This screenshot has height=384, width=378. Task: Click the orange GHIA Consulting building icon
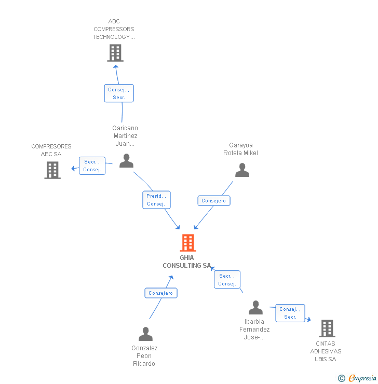tap(187, 243)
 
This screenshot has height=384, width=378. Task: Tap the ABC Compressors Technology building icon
tap(115, 53)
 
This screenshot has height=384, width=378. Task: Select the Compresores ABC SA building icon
tap(52, 170)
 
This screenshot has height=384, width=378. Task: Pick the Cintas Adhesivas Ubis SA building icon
tap(327, 328)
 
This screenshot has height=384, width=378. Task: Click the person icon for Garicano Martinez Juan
tap(126, 161)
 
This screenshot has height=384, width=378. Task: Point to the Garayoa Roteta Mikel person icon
tap(242, 170)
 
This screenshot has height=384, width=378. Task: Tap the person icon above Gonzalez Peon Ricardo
tap(145, 334)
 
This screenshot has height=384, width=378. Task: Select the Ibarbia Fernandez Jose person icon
tap(255, 308)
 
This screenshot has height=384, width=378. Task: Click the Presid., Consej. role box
tap(156, 200)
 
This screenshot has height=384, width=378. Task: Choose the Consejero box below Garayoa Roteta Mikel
tap(213, 201)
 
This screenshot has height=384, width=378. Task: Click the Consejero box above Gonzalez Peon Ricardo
tap(160, 293)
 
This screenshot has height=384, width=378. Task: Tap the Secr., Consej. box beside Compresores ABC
tap(92, 166)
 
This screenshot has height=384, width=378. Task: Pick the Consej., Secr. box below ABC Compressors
tap(119, 93)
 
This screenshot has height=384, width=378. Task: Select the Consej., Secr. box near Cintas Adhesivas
tap(290, 313)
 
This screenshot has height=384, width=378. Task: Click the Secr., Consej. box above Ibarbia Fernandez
tap(227, 280)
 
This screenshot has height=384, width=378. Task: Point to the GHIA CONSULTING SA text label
tap(187, 262)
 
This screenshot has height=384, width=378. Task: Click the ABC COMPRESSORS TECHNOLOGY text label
tap(114, 29)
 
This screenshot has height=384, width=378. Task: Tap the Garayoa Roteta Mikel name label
tap(240, 149)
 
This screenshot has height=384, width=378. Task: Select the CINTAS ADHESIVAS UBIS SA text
tap(326, 351)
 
